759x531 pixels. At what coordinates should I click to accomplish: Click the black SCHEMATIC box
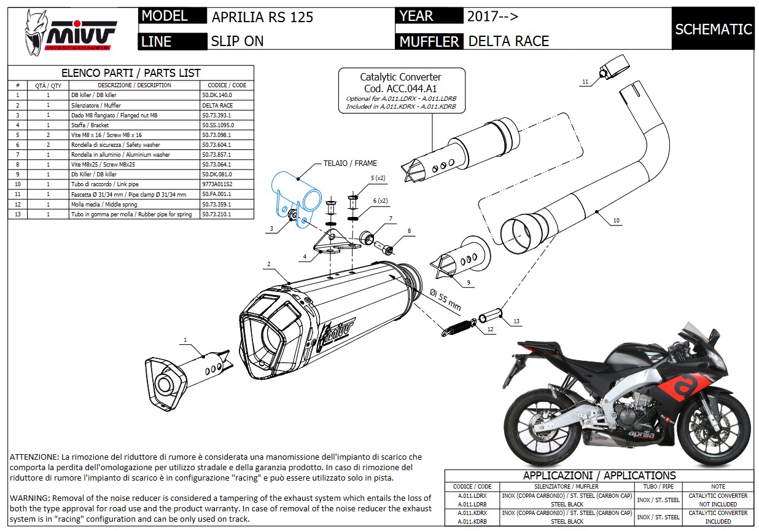click(713, 29)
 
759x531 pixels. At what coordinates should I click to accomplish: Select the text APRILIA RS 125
click(262, 17)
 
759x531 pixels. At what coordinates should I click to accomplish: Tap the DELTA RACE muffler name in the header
click(508, 41)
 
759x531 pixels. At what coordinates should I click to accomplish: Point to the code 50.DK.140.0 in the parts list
click(217, 95)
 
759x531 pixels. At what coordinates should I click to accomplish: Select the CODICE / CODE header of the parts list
click(227, 85)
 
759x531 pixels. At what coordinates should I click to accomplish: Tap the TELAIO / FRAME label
click(350, 163)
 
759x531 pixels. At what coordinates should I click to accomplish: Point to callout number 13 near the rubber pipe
click(516, 321)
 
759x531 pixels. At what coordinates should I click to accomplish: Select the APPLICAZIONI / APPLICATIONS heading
click(599, 475)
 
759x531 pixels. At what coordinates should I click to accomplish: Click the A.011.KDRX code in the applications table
click(472, 513)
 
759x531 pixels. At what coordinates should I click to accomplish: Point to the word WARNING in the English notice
click(29, 497)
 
